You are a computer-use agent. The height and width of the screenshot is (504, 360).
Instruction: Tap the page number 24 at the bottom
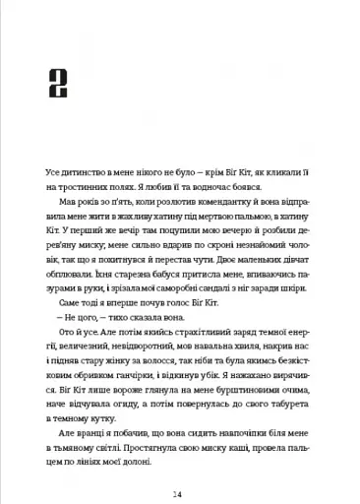tap(179, 465)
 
